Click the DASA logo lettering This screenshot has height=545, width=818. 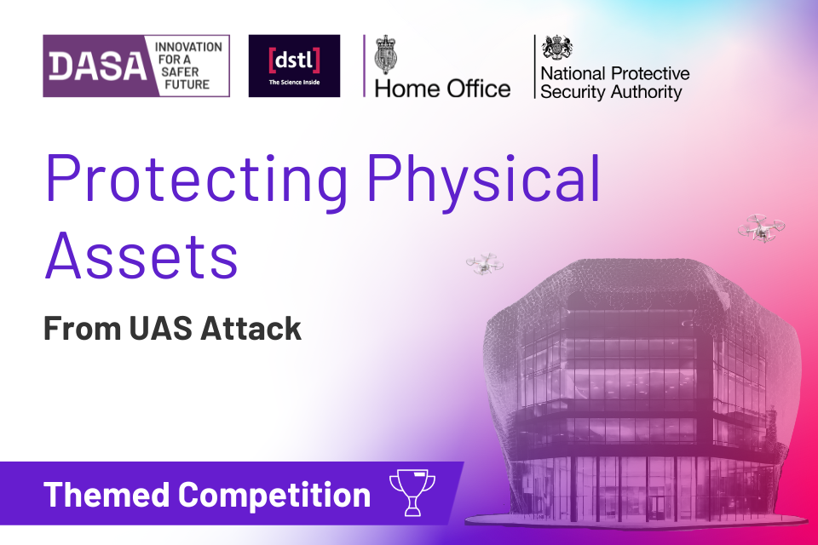pos(94,66)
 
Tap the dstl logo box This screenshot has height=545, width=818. pos(294,66)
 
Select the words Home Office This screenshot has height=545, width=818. pos(443,88)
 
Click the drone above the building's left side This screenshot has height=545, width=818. pos(484,264)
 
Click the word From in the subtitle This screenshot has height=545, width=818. pos(78,329)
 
